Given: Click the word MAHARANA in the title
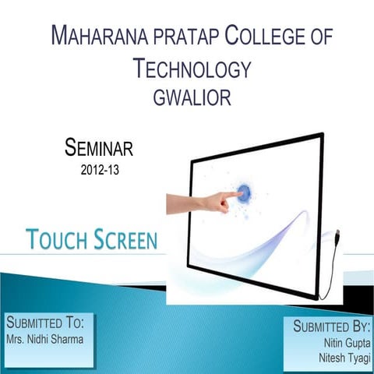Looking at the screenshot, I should (x=97, y=37).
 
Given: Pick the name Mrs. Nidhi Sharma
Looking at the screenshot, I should (x=44, y=340).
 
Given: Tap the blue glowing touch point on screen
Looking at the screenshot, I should (x=245, y=192).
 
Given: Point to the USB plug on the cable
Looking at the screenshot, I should (x=337, y=236).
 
